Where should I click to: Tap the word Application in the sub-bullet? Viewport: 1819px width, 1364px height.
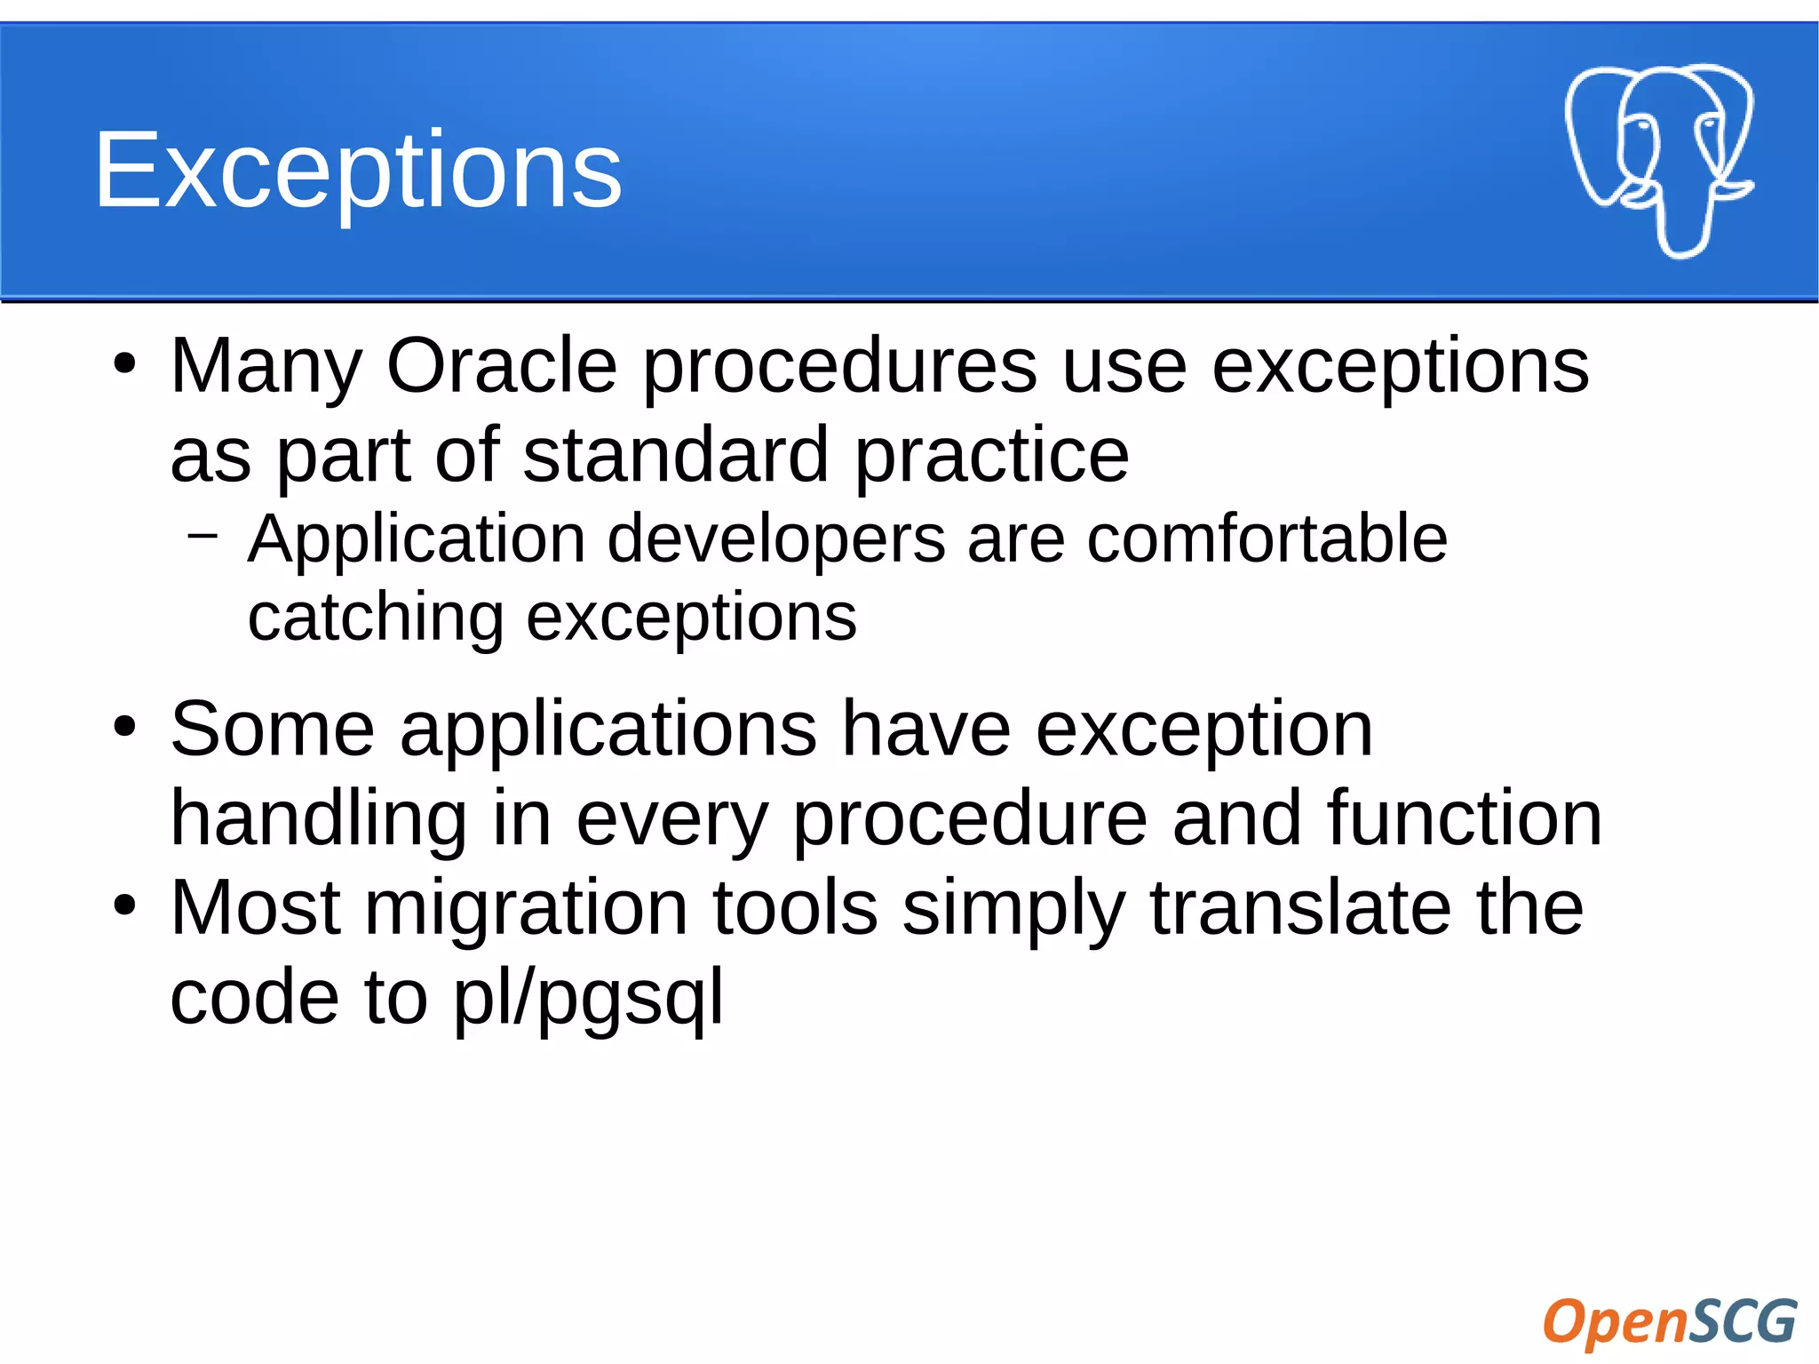[416, 539]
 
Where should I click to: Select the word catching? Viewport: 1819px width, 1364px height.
[376, 618]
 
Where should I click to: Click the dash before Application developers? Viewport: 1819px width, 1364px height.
[203, 535]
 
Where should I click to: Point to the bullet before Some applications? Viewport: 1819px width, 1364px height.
[125, 726]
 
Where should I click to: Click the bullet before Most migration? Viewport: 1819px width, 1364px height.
[125, 905]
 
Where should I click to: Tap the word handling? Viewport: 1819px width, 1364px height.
[318, 819]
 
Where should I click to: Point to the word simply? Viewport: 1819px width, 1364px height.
[1013, 910]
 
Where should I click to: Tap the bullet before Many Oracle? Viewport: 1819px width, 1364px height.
[125, 363]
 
